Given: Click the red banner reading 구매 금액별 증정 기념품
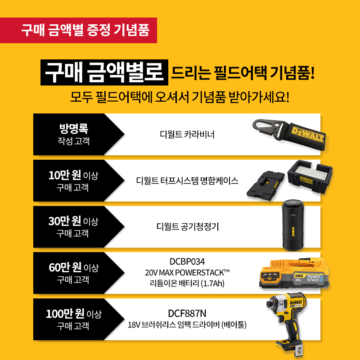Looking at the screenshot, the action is tap(78, 30).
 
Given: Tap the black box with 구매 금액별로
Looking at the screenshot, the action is tap(104, 72).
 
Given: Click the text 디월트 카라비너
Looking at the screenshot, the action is tap(187, 134).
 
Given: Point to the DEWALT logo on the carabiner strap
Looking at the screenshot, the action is tap(308, 135).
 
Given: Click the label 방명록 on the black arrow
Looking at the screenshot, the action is tap(74, 129).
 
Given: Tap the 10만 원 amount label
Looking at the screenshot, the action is tap(64, 175).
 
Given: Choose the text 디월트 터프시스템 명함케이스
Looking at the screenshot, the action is tap(187, 181).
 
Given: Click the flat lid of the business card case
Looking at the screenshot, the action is tap(265, 185).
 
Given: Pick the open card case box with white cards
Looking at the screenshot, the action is tap(310, 176).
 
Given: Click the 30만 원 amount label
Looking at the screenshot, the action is tap(64, 221).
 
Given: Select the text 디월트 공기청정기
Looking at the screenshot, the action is tap(187, 227).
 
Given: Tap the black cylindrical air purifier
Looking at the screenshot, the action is tap(293, 225).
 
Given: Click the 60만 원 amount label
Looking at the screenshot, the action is tap(65, 267).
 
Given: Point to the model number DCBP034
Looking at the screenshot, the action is tap(187, 261).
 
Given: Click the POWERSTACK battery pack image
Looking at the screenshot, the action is tap(294, 273).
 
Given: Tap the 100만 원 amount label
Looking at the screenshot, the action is tap(65, 314).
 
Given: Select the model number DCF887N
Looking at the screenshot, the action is tap(187, 313).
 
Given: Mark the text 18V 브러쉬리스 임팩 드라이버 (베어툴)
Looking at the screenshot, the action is tap(187, 324).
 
